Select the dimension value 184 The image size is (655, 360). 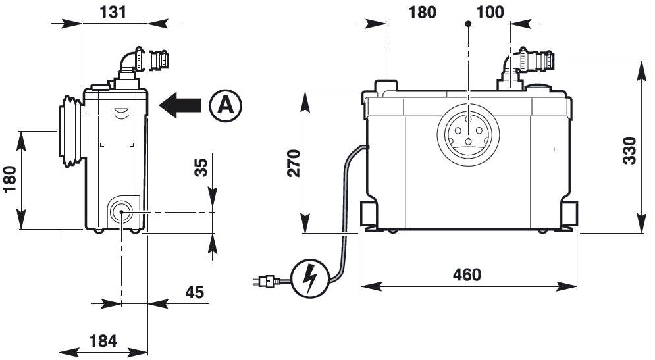click(x=103, y=340)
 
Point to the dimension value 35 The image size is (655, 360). click(x=201, y=168)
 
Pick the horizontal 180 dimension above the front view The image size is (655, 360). click(x=422, y=12)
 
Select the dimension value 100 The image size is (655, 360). click(x=490, y=12)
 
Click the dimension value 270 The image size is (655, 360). click(x=294, y=163)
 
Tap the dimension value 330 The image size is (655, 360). click(x=629, y=151)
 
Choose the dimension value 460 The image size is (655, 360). click(x=467, y=274)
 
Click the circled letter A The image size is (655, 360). click(x=226, y=105)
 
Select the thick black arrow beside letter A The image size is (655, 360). click(x=180, y=105)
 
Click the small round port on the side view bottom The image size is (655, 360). click(x=121, y=211)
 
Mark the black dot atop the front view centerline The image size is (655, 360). click(x=468, y=24)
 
